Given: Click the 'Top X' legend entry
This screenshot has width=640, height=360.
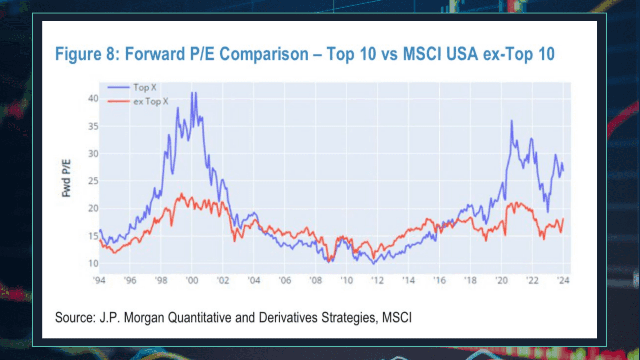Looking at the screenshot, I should (x=141, y=87).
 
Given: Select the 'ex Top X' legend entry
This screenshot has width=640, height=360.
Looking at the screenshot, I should (x=150, y=102).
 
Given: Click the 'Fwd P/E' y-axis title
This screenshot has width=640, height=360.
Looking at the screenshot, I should (x=67, y=178).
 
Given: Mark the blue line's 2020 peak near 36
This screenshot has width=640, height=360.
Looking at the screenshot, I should (x=511, y=121).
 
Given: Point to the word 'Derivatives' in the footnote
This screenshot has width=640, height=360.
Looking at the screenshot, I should (x=288, y=317).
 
